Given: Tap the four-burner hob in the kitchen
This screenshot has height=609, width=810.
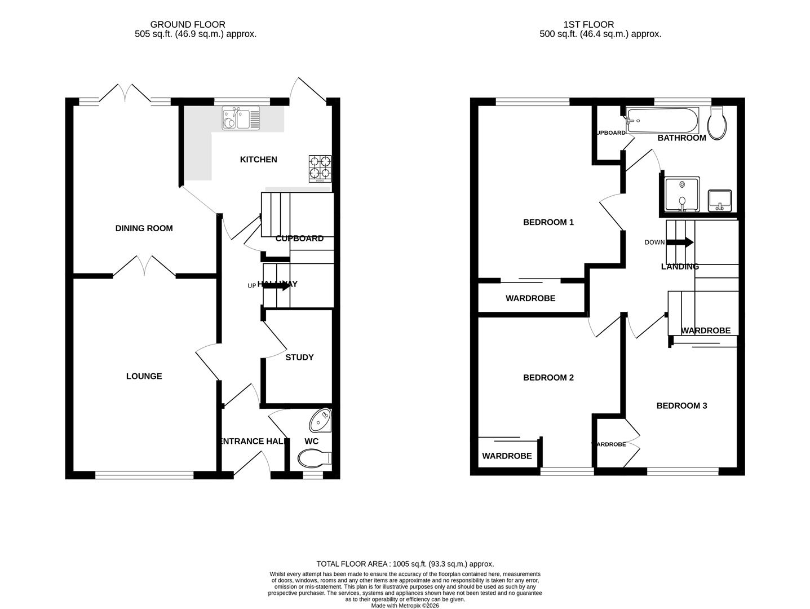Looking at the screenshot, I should pos(320,169).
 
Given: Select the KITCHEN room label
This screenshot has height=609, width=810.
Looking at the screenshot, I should pos(258,160).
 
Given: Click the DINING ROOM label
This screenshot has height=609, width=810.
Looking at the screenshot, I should pos(144,228).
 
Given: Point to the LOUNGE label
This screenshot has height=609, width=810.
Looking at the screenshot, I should pos(144,376).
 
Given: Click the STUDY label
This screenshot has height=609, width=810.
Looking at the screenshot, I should pos(299,357).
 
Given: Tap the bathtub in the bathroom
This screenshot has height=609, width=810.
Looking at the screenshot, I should pos(663,120).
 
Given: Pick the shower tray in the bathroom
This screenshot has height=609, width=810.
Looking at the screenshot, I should pos(682,195).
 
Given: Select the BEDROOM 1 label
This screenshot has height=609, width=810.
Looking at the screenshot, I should pos(548,222).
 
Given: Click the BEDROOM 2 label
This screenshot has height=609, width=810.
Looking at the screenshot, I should pos(548,377).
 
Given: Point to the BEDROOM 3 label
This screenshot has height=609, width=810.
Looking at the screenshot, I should pos(681,405).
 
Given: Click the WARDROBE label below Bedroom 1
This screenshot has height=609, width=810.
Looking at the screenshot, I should pos(530,298).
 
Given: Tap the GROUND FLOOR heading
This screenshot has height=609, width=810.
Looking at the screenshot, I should pos(187,24).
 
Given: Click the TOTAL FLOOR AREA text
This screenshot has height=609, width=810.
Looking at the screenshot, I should pos(405,563).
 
